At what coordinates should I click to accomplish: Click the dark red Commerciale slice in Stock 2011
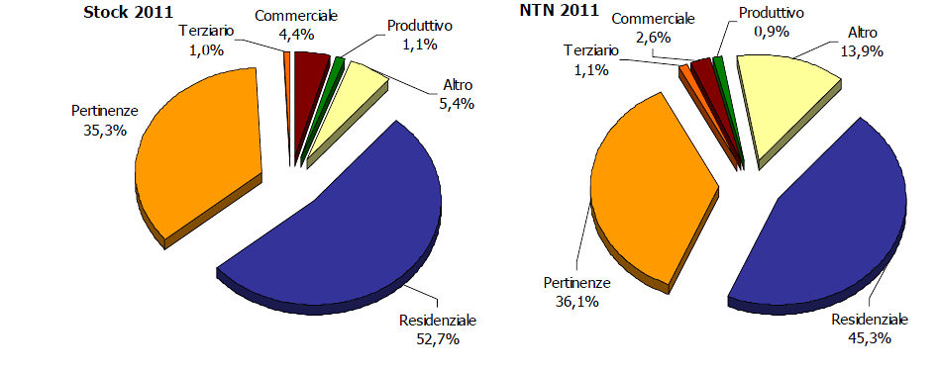click(x=311, y=68)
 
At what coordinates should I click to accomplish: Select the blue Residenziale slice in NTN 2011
click(x=822, y=228)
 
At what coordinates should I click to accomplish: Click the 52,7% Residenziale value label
click(x=438, y=339)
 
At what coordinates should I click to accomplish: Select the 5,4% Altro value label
click(x=436, y=101)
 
